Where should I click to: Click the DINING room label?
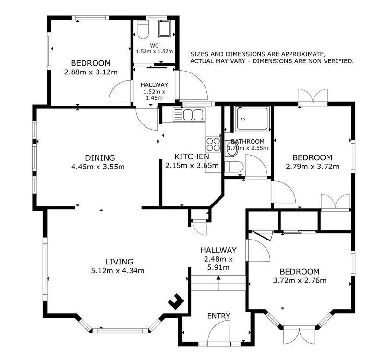(100, 157)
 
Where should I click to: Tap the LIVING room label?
(120, 262)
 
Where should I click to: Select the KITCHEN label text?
(192, 156)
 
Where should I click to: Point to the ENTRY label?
(218, 316)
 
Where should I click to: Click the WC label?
(154, 46)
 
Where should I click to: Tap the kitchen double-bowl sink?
(189, 115)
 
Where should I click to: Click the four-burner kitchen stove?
(213, 144)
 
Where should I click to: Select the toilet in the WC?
(143, 29)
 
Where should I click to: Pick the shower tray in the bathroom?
(252, 119)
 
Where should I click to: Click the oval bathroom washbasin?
(231, 150)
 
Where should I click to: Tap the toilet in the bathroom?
(234, 167)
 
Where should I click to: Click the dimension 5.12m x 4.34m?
(118, 271)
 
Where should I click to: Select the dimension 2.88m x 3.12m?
(91, 72)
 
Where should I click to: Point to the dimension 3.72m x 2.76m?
(300, 280)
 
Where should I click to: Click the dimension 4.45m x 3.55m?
(98, 167)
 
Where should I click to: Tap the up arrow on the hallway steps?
(218, 283)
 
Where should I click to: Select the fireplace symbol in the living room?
(176, 301)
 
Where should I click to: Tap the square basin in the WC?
(164, 29)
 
